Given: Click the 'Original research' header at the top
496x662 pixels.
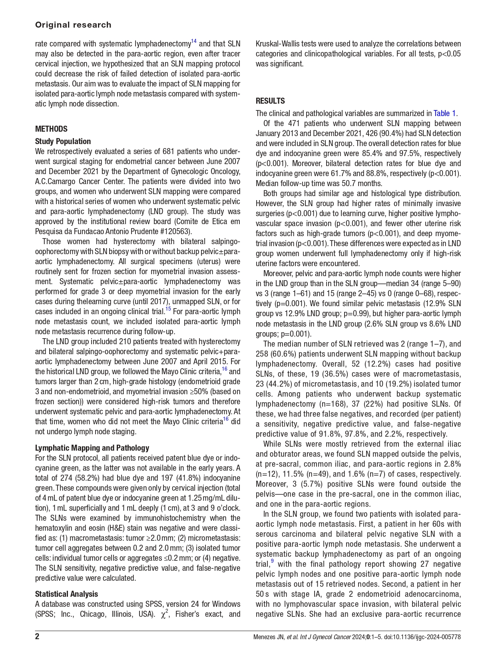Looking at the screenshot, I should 73,25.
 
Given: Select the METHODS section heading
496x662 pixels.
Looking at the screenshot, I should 51,129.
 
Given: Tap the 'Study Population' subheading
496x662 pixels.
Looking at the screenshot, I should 63,141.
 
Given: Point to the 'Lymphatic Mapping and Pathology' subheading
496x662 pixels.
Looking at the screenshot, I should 92,448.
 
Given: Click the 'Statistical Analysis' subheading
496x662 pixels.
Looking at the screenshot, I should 66,594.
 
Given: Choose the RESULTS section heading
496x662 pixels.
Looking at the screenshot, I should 270,101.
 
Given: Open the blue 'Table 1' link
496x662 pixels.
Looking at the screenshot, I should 444,113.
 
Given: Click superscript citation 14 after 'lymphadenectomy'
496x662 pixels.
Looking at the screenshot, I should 193,41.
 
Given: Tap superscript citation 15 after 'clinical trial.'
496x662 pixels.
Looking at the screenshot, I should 168,309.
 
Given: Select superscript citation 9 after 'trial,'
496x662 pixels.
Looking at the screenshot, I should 272,562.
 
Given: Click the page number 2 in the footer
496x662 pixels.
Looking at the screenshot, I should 37,637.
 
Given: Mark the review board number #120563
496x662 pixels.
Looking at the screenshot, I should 177,231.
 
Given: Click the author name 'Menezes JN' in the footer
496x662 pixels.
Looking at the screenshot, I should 269,637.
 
